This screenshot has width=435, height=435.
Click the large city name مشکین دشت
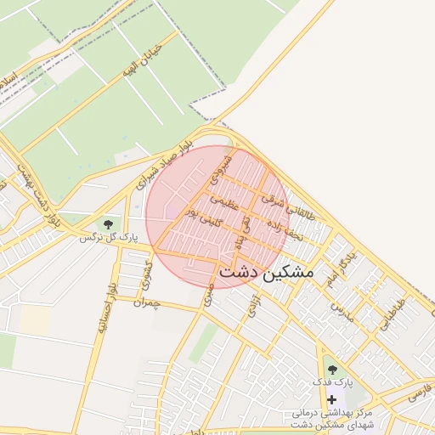(x=266, y=274)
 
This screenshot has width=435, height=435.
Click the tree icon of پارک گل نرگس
(x=108, y=223)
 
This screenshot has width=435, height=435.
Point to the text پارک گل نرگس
(x=108, y=237)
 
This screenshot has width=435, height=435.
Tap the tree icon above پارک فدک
(x=331, y=370)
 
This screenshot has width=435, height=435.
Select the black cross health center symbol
(x=331, y=399)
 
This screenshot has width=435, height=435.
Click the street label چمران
(x=146, y=302)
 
